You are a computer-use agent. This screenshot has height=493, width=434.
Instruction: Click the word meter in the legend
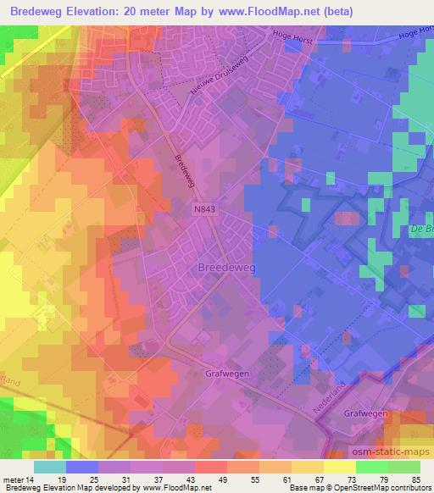[x=13, y=479]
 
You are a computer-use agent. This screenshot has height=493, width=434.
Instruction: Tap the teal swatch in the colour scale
[x=49, y=467]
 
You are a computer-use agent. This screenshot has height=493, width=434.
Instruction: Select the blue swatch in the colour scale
[x=81, y=467]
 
